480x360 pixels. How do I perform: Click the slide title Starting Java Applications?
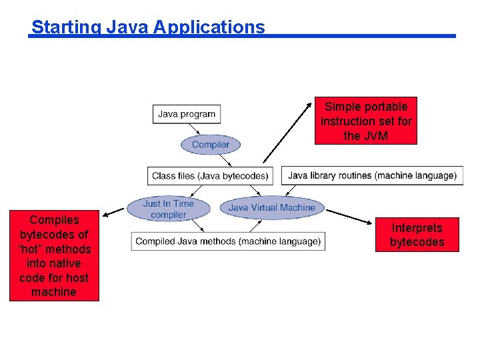click(x=148, y=27)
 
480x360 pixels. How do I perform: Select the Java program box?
click(x=187, y=114)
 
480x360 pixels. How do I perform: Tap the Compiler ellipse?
click(x=210, y=145)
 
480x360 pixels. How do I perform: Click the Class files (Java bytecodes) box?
click(x=210, y=176)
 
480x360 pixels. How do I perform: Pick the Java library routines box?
click(x=372, y=176)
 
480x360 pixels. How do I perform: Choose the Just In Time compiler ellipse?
click(x=168, y=209)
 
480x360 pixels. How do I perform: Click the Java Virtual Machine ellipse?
click(x=271, y=207)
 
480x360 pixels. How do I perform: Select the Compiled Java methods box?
click(x=228, y=241)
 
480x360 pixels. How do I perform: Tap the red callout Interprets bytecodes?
click(x=417, y=235)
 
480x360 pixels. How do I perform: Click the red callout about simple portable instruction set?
click(x=366, y=121)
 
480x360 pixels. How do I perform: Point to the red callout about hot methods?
click(x=54, y=256)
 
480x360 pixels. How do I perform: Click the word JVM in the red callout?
click(x=375, y=136)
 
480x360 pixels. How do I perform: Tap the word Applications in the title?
click(x=209, y=27)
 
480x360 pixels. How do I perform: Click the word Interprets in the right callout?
click(x=417, y=228)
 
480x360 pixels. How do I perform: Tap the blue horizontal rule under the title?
click(x=360, y=36)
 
